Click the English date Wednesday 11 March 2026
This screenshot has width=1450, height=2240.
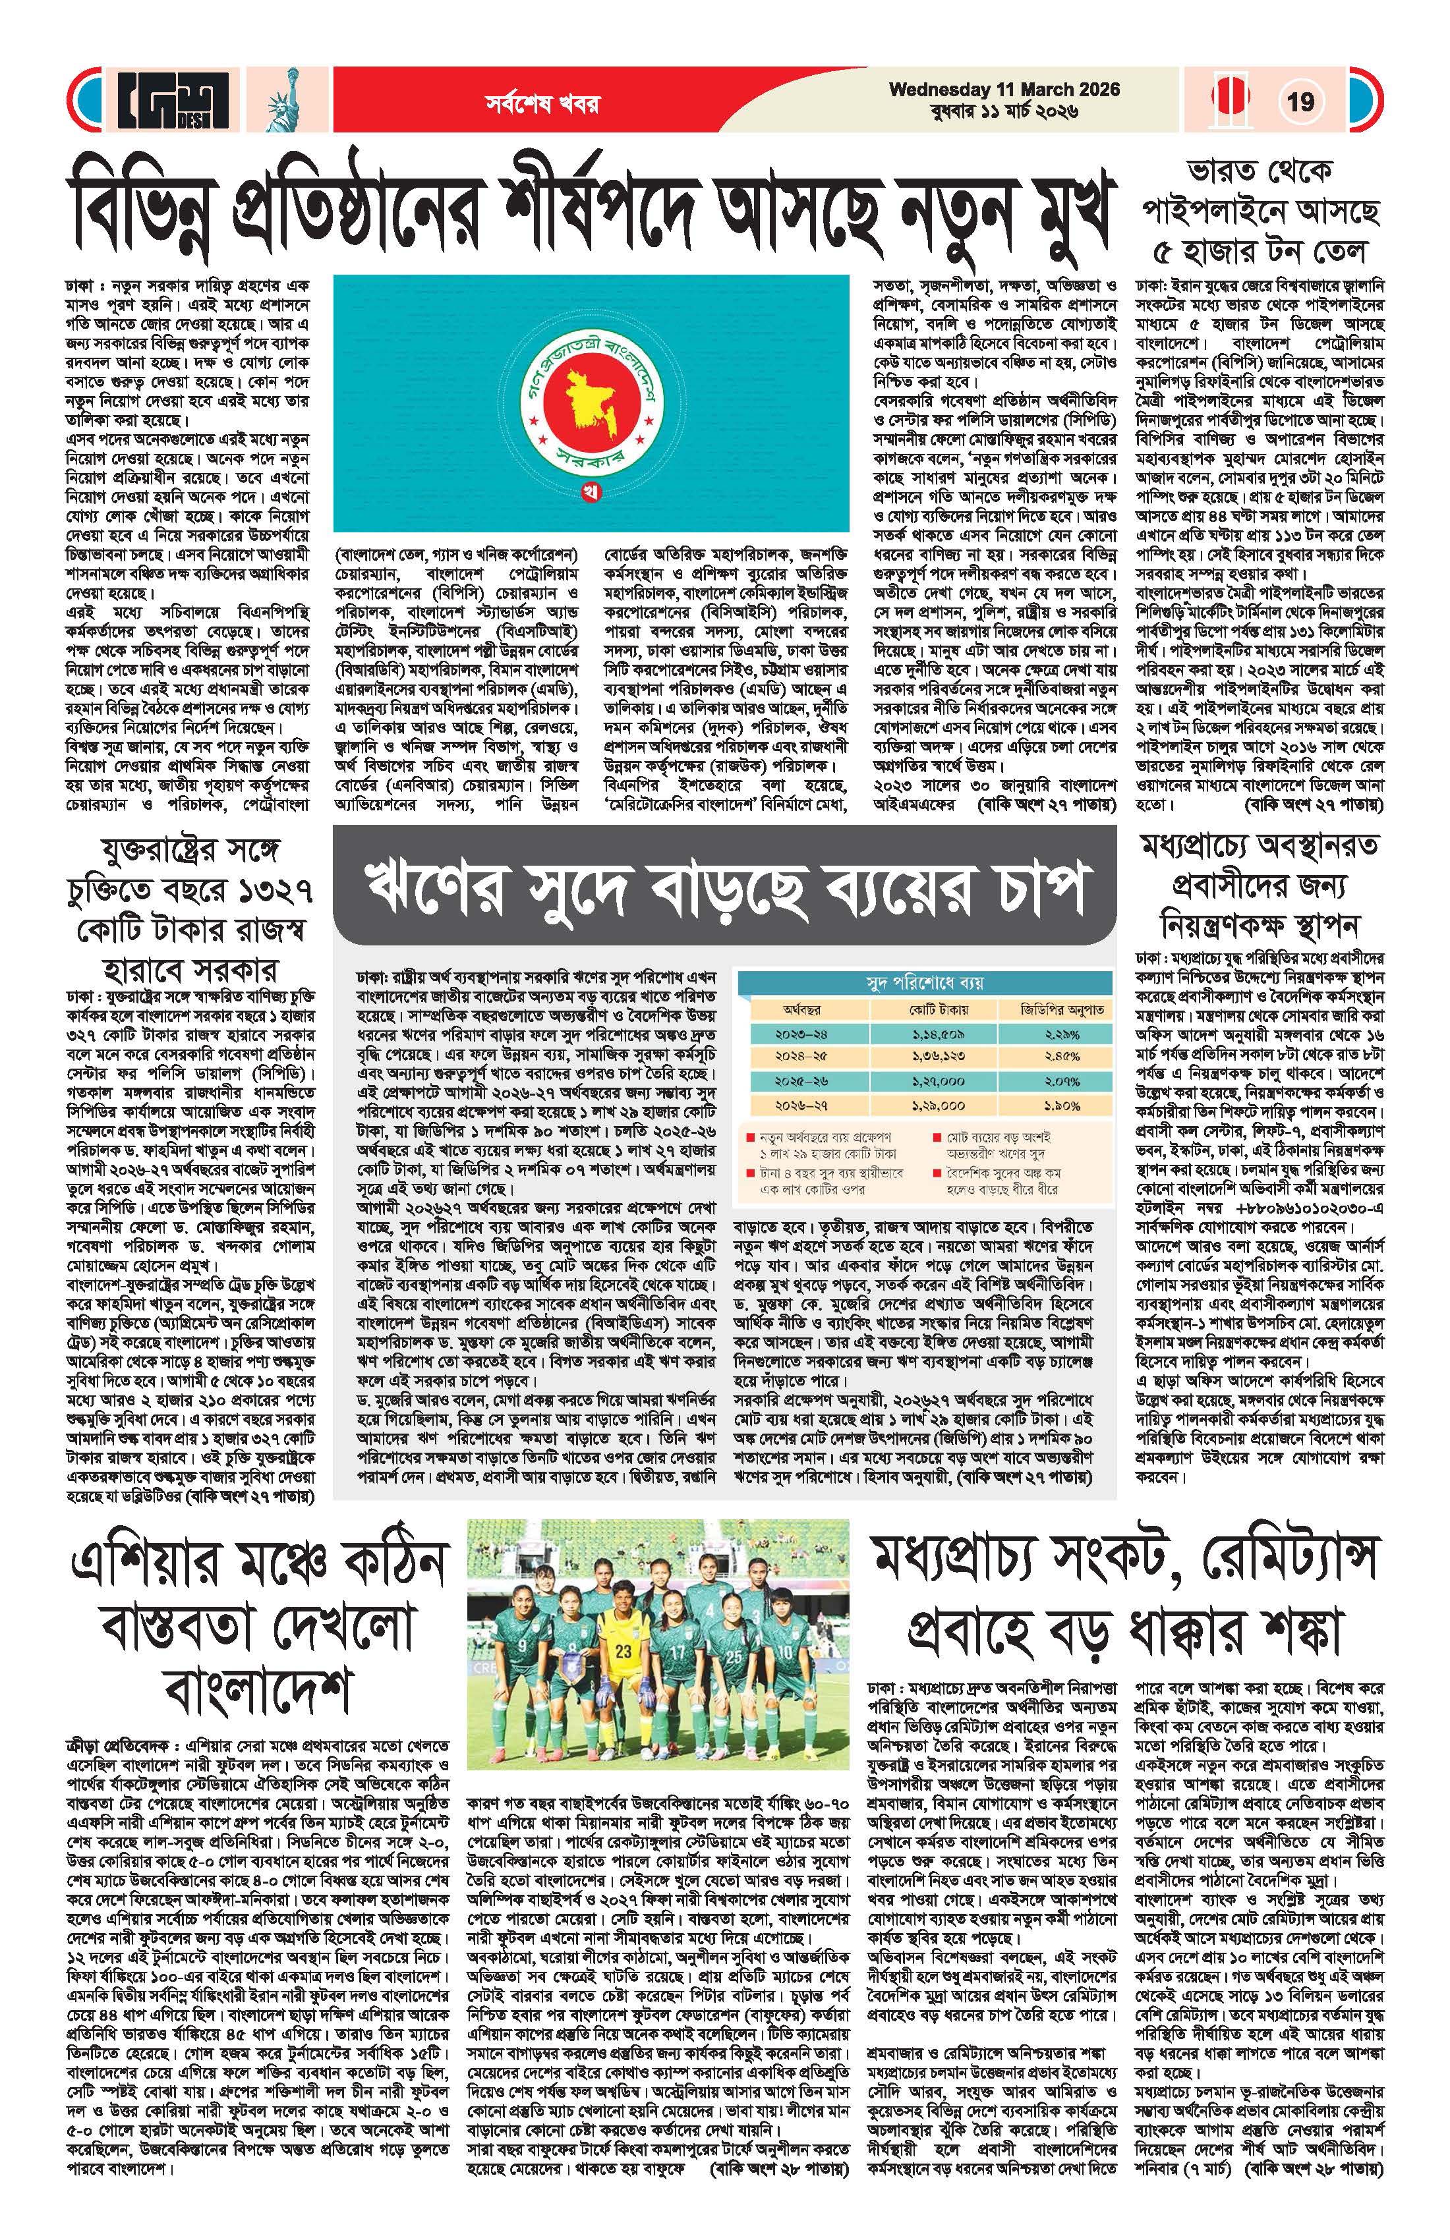point(1004,90)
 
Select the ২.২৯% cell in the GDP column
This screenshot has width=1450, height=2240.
point(1061,1034)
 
